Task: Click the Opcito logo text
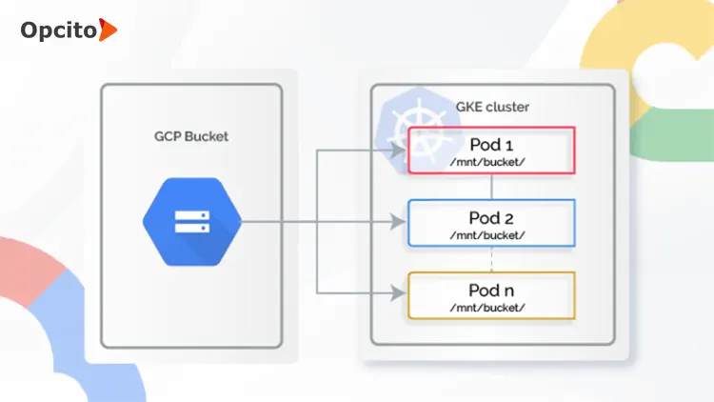coord(57,30)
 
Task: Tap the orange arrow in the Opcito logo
coord(108,30)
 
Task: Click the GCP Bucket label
coord(191,136)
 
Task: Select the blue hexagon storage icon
coord(191,223)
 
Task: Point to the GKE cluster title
coord(494,107)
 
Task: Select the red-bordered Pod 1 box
coord(491,151)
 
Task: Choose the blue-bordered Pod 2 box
coord(491,223)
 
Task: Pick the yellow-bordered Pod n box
coord(491,294)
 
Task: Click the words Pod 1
coord(491,144)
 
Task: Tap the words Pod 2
coord(491,216)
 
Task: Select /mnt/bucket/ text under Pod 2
coord(491,235)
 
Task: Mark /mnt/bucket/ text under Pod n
coord(491,307)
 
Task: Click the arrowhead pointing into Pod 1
coord(401,151)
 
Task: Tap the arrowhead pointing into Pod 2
coord(401,223)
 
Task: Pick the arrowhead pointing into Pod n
coord(401,294)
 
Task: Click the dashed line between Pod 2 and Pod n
coord(491,259)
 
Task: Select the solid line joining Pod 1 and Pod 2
coord(491,187)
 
